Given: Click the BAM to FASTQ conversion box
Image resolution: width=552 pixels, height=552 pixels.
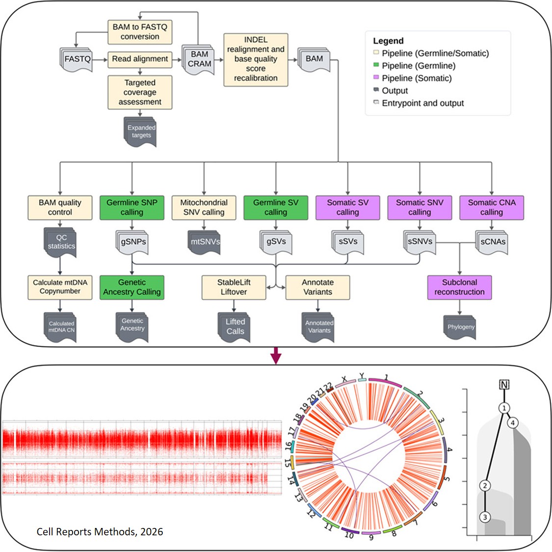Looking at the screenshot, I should [x=140, y=32].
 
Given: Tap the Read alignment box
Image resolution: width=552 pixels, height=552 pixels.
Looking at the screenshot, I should [x=140, y=59].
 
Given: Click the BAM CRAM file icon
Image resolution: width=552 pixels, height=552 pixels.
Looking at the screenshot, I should [x=199, y=59].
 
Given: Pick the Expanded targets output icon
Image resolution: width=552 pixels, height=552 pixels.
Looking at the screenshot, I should [x=141, y=131].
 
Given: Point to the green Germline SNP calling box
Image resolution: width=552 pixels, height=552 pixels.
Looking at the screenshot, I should [x=132, y=207].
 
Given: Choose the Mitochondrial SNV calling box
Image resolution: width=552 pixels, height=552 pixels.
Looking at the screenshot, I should [x=204, y=207].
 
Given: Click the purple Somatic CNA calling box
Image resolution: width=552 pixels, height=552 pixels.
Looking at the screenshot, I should [x=491, y=207].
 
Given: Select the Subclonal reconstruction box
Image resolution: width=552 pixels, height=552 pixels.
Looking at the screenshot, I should [x=459, y=287].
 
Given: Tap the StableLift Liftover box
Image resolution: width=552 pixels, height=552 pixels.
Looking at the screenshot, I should [x=234, y=287].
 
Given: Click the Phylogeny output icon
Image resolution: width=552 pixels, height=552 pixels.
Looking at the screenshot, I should [x=460, y=327].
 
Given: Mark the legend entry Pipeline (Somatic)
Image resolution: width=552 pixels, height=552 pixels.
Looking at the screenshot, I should [x=417, y=78].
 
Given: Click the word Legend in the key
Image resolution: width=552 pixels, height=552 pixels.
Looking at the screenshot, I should [x=388, y=41].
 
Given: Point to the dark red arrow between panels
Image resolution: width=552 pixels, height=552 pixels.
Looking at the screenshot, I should [x=276, y=356].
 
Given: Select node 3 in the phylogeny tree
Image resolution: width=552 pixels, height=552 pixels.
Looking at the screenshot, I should [x=485, y=517].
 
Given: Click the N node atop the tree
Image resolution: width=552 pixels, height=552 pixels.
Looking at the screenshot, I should [x=504, y=385].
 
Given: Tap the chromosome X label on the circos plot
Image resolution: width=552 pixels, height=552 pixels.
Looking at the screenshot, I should [x=344, y=379].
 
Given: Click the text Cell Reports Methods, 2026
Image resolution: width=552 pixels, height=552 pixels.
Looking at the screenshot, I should [x=100, y=531].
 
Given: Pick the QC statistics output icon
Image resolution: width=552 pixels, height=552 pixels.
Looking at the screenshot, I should [x=61, y=242].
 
